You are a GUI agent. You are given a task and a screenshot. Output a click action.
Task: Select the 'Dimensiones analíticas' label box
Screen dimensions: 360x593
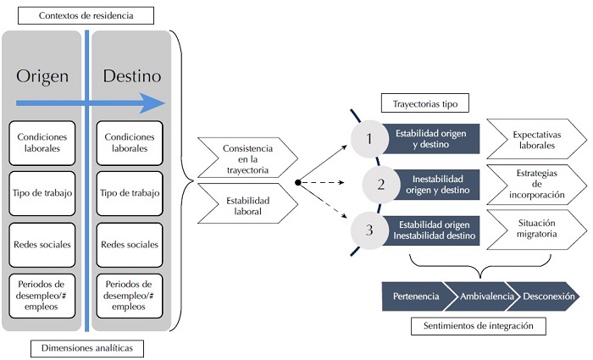click(86, 347)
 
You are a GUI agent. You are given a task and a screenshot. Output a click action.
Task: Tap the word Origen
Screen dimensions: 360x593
click(42, 76)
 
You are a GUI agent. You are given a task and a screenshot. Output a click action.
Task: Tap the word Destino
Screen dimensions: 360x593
click(131, 76)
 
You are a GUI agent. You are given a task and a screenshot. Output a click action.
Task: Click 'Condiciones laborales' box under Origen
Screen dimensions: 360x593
click(42, 142)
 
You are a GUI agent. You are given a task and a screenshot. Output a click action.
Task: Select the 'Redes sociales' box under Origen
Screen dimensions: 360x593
click(42, 244)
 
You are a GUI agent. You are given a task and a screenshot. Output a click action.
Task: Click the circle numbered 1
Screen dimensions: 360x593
click(369, 138)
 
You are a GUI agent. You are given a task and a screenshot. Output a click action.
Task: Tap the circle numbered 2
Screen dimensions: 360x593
click(381, 184)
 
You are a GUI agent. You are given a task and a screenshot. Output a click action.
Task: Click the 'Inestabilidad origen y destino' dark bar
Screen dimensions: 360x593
click(435, 184)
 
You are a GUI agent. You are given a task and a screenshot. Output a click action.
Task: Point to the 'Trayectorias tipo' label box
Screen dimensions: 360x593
click(425, 104)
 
